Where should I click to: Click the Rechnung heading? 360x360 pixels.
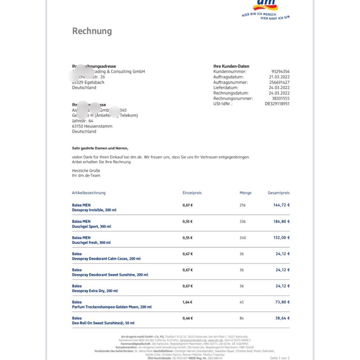[x=92, y=31]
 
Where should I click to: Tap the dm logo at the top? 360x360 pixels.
[x=265, y=5]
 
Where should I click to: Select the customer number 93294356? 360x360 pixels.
[x=280, y=72]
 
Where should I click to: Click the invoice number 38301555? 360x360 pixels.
[x=281, y=98]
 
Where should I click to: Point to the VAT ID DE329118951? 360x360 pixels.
[x=277, y=104]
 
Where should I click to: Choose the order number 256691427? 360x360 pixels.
[x=279, y=82]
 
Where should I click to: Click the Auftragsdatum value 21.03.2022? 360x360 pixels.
[x=279, y=77]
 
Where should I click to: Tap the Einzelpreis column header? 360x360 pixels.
[x=192, y=193]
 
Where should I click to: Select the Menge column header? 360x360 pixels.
[x=245, y=193]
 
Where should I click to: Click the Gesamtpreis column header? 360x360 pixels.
[x=278, y=193]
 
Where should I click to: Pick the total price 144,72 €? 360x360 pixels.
[x=281, y=205]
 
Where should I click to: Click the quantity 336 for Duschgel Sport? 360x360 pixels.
[x=243, y=222]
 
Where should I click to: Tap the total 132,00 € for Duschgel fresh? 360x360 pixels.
[x=281, y=238]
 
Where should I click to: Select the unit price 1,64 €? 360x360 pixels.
[x=187, y=302]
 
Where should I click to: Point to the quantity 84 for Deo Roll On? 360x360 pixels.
[x=242, y=318]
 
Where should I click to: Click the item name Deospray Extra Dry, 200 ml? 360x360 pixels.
[x=95, y=291]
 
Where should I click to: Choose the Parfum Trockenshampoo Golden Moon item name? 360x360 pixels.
[x=112, y=307]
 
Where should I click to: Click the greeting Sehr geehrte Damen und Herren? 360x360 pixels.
[x=100, y=148]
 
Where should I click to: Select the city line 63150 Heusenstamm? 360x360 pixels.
[x=92, y=126]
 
